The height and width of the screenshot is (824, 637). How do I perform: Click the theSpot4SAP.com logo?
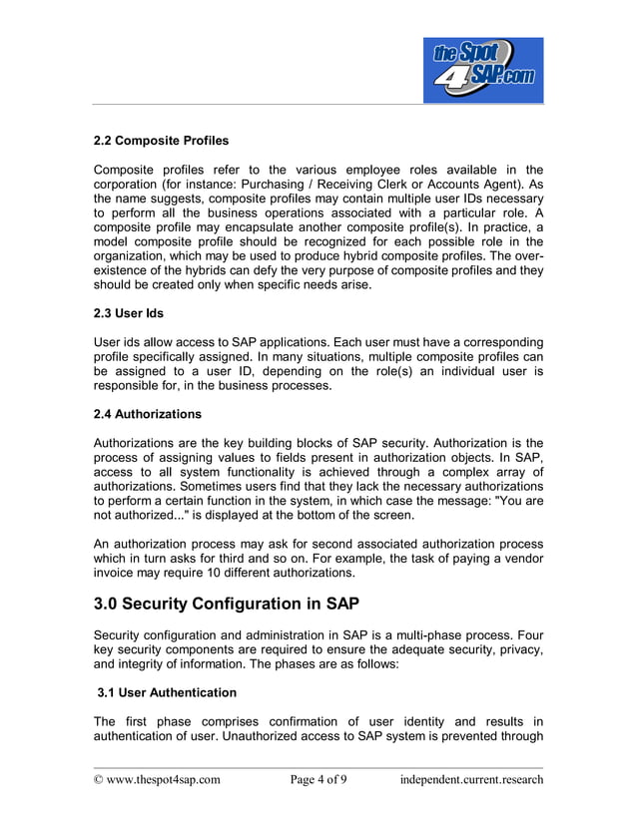click(x=483, y=70)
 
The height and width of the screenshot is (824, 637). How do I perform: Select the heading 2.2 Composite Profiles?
click(x=161, y=140)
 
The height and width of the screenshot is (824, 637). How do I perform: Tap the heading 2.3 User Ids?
click(x=128, y=313)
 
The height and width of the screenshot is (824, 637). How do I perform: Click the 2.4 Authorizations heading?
click(x=147, y=413)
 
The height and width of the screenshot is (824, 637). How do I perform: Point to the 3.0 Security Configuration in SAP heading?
click(x=225, y=604)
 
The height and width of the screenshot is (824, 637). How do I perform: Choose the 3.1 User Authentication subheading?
click(x=167, y=692)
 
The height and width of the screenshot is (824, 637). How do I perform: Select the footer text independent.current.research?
click(x=471, y=779)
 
